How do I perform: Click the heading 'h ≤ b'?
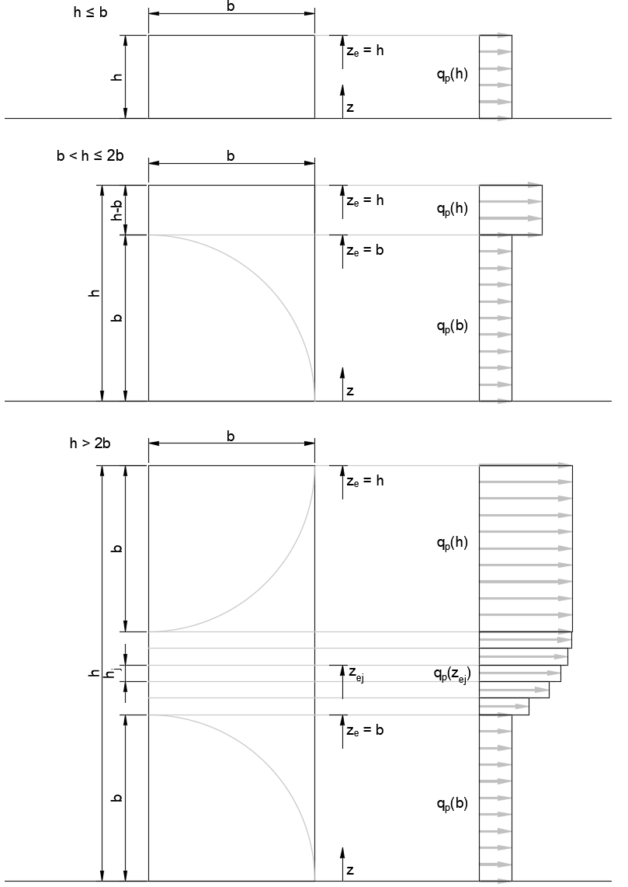(x=91, y=12)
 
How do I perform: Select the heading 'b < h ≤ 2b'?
(x=90, y=155)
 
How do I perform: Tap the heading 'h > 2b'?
(x=90, y=443)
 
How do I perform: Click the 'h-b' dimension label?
(x=117, y=210)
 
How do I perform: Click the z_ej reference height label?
(x=356, y=673)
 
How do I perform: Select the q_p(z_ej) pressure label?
(x=453, y=673)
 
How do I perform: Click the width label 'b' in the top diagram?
(x=231, y=7)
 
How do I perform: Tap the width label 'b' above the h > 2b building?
(x=231, y=437)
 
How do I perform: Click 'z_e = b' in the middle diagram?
(x=365, y=250)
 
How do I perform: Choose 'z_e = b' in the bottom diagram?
(x=365, y=730)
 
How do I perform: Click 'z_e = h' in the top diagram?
(x=365, y=50)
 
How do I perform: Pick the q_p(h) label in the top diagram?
(x=453, y=75)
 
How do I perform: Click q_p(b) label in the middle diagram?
(x=453, y=326)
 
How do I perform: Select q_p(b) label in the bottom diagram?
(x=453, y=804)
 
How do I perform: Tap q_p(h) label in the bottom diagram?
(x=453, y=543)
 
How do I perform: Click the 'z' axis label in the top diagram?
(x=350, y=107)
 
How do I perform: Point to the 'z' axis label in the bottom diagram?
(x=350, y=870)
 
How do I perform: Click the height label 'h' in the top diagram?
(x=117, y=77)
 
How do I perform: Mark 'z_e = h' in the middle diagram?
(x=365, y=200)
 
